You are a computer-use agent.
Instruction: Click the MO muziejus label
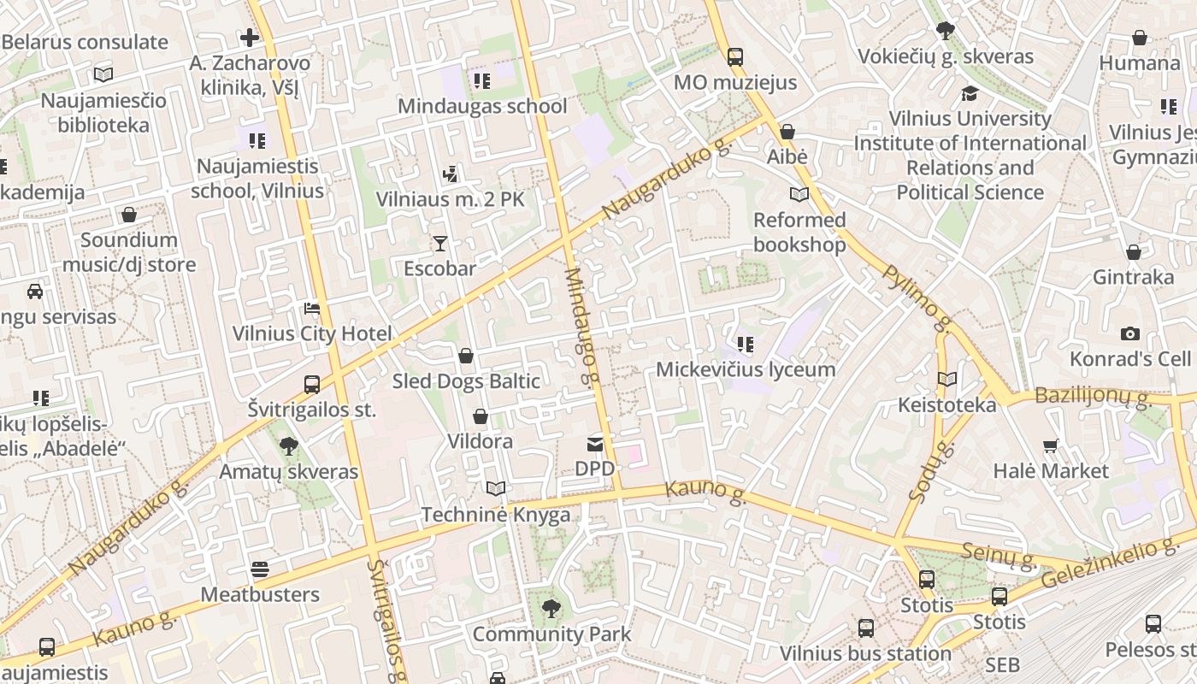click(x=735, y=82)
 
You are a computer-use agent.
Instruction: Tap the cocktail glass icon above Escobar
click(x=439, y=244)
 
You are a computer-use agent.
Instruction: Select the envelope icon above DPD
click(x=594, y=444)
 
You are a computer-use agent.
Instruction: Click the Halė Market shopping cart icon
click(x=1051, y=445)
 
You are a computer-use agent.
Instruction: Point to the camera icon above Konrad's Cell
click(x=1130, y=333)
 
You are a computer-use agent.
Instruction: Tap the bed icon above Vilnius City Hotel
click(x=312, y=308)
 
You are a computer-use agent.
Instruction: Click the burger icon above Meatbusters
click(x=260, y=569)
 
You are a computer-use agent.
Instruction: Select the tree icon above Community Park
click(x=551, y=609)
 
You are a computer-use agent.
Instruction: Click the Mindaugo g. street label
click(x=581, y=326)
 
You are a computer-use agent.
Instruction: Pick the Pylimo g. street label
click(x=917, y=298)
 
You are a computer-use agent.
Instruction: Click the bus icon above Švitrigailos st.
click(x=312, y=385)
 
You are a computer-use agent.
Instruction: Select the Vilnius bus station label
click(x=865, y=654)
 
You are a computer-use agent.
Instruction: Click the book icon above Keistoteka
click(x=946, y=379)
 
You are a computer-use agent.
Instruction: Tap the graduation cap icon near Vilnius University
click(x=970, y=93)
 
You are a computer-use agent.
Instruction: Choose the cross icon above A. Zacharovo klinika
click(x=250, y=38)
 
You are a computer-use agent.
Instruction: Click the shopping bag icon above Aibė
click(x=787, y=132)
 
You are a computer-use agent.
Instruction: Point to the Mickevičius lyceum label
click(x=746, y=369)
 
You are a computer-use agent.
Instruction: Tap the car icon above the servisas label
click(x=35, y=292)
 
